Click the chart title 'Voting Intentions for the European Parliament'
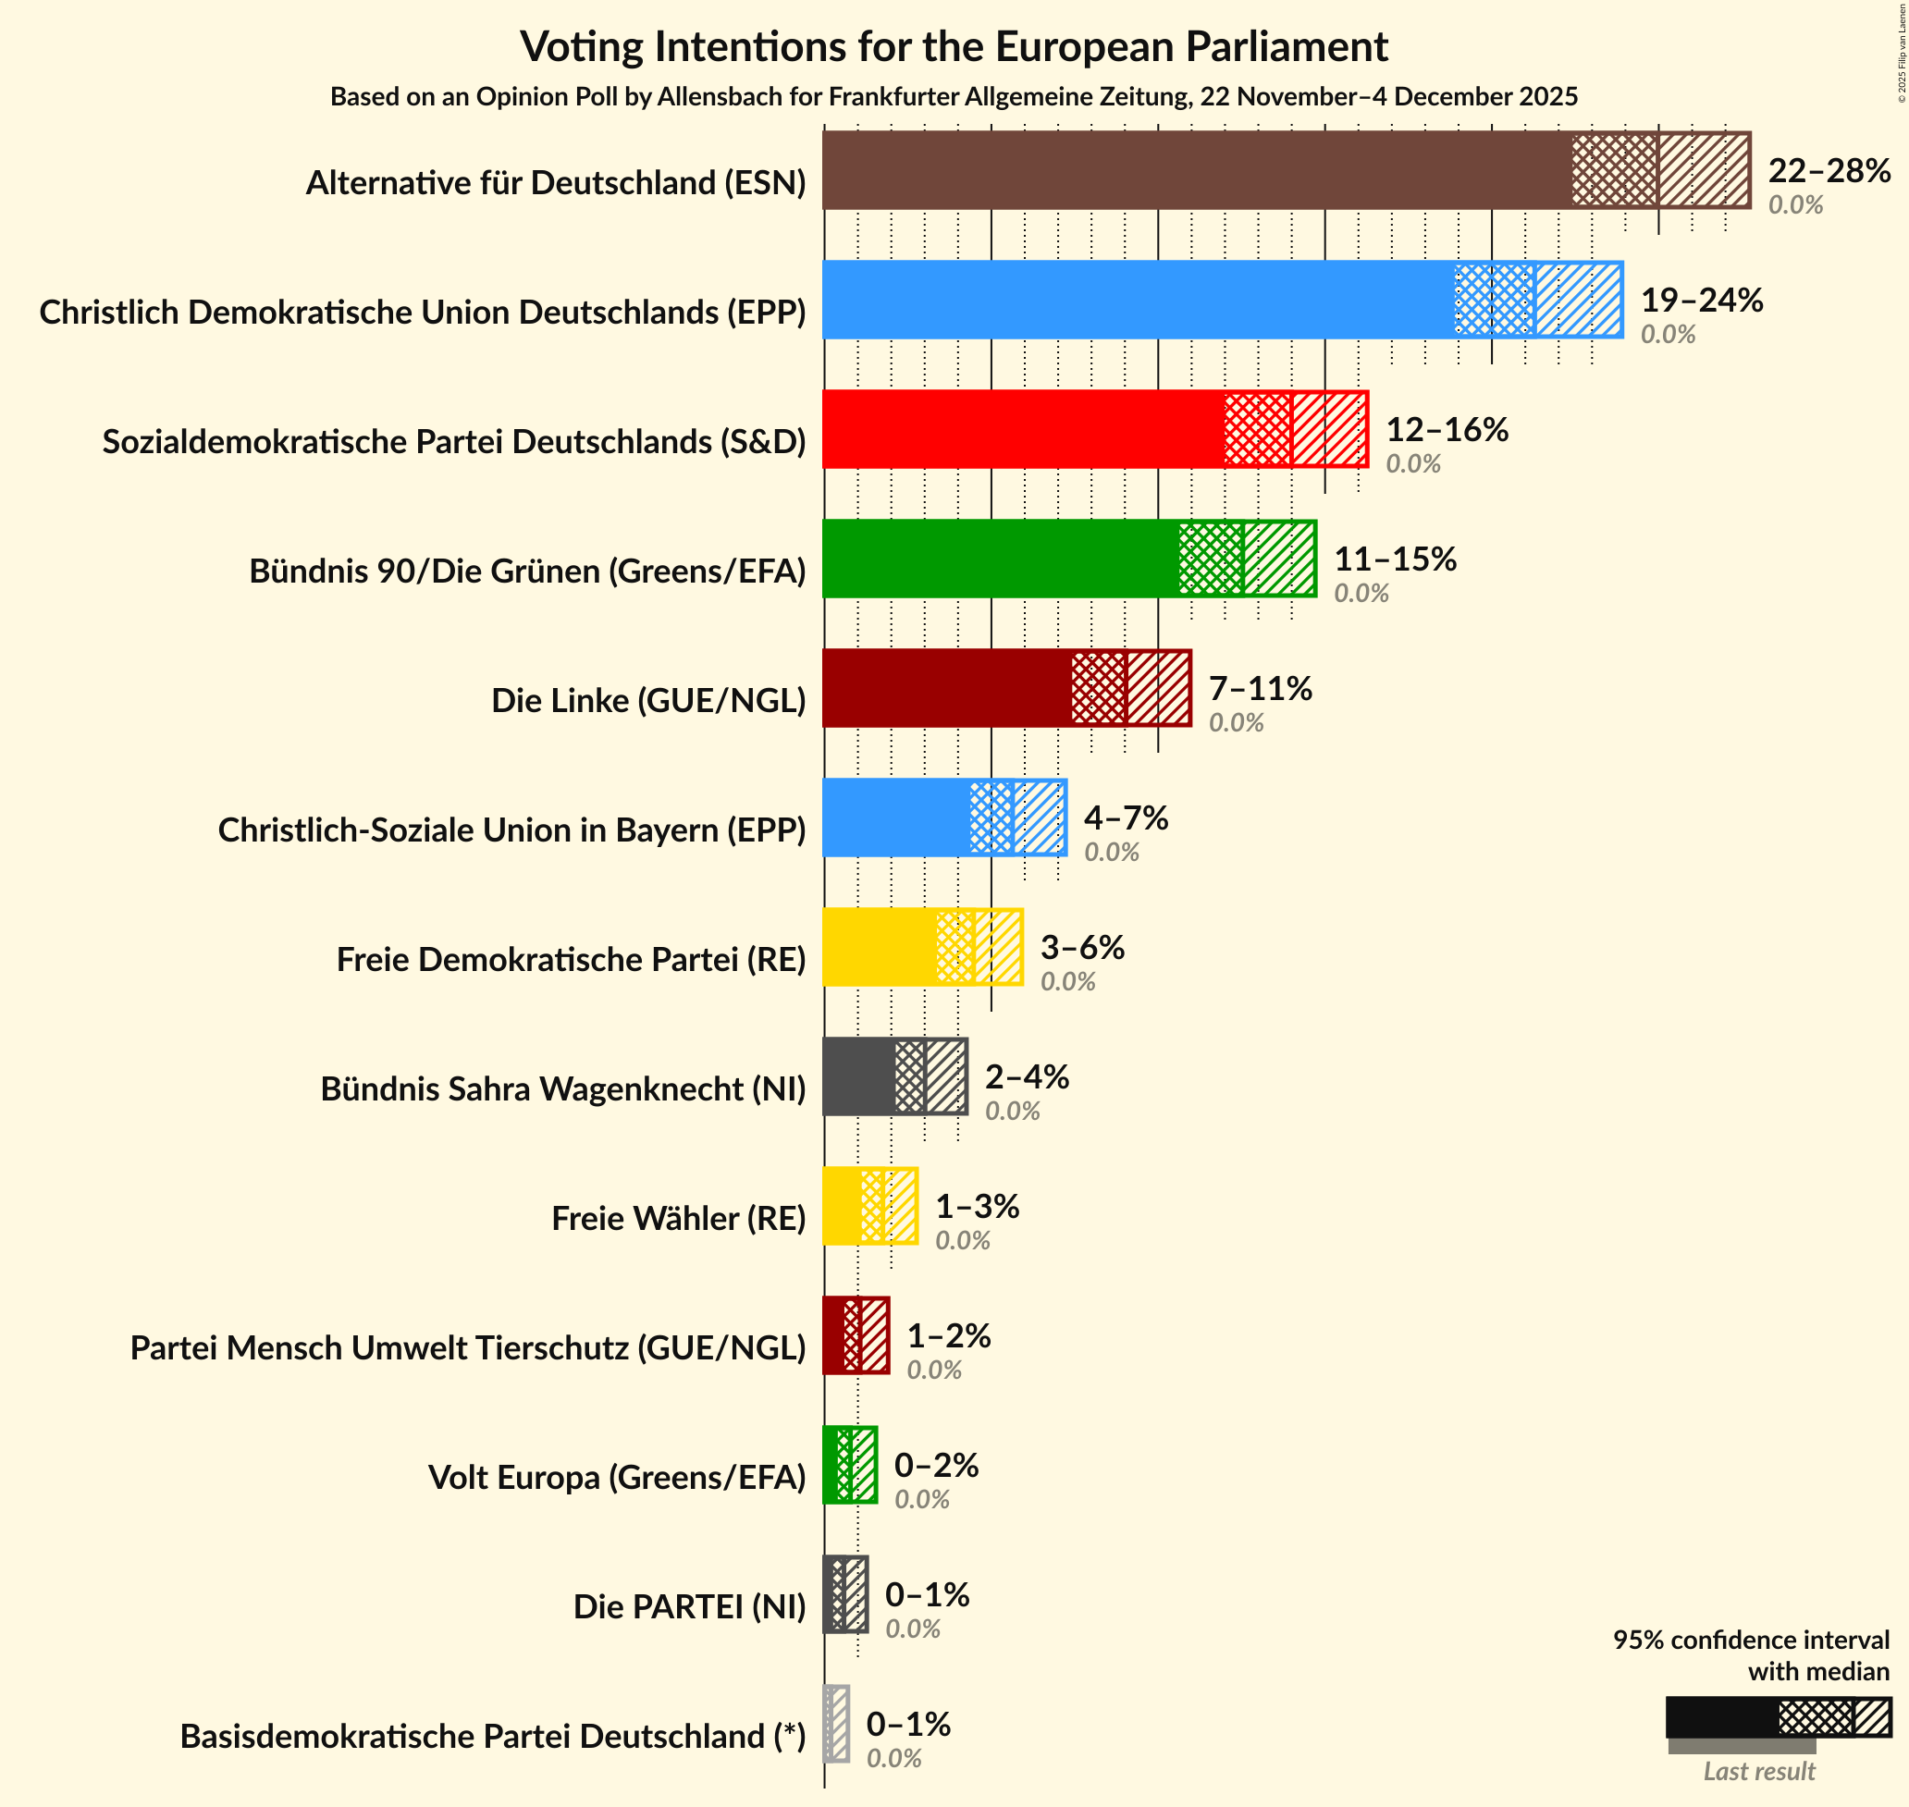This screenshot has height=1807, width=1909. [x=954, y=46]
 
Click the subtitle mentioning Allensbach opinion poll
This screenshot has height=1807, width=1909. [x=954, y=96]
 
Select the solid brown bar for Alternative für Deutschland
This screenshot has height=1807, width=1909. [x=1194, y=170]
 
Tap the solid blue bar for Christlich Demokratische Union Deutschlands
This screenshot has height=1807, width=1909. [x=1137, y=300]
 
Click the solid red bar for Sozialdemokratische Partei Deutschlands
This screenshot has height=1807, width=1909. [x=1021, y=429]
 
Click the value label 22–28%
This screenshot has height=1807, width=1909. [x=1829, y=170]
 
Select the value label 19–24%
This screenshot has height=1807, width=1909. [x=1701, y=300]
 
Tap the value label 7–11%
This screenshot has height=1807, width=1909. [x=1260, y=688]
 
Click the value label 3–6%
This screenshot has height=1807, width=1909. [x=1081, y=947]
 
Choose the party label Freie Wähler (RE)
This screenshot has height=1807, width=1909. [x=678, y=1219]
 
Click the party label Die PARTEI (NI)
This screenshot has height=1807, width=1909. [x=689, y=1605]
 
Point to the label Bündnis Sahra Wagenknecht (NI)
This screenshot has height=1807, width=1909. [x=562, y=1088]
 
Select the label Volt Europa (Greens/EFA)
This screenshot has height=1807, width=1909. [x=616, y=1477]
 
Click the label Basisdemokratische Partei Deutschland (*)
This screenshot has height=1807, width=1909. [x=492, y=1736]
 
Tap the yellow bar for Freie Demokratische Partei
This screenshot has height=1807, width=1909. [x=879, y=947]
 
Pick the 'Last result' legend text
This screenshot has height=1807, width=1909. [x=1758, y=1769]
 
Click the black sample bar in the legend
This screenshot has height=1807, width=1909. [x=1721, y=1716]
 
